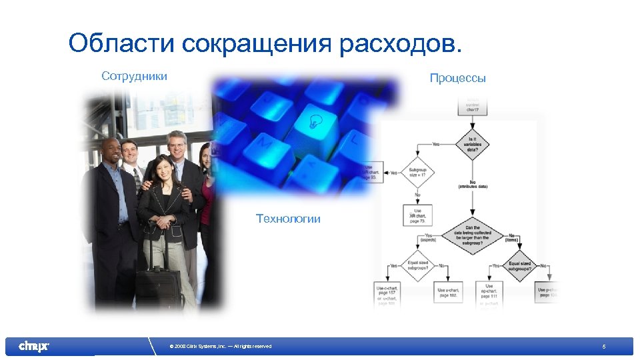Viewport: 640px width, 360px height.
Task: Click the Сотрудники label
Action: (x=134, y=76)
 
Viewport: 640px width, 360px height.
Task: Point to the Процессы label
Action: (x=457, y=78)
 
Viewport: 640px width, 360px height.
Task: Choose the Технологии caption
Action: (x=288, y=219)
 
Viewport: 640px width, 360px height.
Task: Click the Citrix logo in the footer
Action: (x=33, y=346)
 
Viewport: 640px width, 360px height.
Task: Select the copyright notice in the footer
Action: (x=221, y=346)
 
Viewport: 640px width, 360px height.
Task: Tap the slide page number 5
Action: (x=603, y=347)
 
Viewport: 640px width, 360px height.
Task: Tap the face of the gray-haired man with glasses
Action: (x=177, y=141)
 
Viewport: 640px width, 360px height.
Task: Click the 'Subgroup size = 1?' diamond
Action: (x=417, y=173)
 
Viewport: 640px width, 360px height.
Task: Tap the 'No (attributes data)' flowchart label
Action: (x=473, y=185)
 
